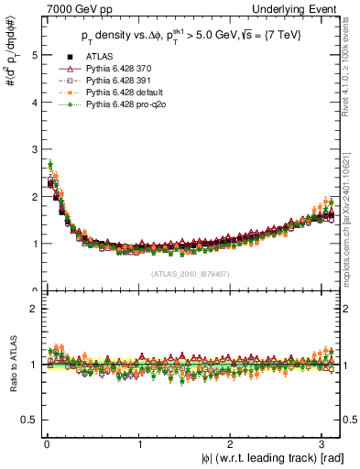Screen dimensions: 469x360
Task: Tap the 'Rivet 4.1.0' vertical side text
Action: pos(352,73)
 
